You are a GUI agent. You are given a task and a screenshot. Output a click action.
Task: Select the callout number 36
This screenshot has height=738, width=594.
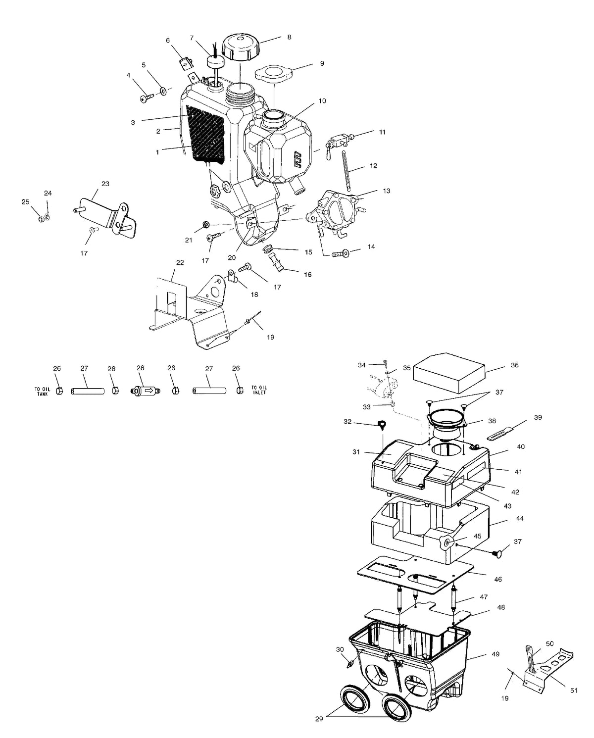click(x=515, y=365)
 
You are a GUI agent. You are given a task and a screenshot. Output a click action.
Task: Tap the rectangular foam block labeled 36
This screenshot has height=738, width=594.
click(x=449, y=372)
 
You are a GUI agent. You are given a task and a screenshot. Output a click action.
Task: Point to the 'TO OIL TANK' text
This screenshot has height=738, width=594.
click(x=43, y=391)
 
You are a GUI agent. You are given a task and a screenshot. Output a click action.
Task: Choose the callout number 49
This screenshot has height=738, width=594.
click(x=495, y=654)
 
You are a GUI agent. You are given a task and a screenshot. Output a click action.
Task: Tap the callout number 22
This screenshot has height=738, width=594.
click(x=180, y=263)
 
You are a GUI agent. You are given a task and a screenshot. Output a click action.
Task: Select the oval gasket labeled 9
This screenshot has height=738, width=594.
click(x=273, y=74)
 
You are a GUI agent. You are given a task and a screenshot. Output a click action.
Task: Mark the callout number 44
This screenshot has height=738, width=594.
click(x=520, y=519)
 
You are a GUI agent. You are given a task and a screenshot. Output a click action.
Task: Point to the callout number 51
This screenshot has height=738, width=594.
click(x=574, y=690)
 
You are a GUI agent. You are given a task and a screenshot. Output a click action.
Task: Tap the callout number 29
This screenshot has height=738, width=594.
click(x=319, y=719)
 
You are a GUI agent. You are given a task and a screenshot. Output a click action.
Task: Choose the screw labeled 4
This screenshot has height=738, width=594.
click(x=146, y=99)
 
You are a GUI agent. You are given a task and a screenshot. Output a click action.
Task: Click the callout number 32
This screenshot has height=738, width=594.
click(x=347, y=422)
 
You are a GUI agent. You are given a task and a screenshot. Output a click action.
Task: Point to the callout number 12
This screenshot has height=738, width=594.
click(x=373, y=166)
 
